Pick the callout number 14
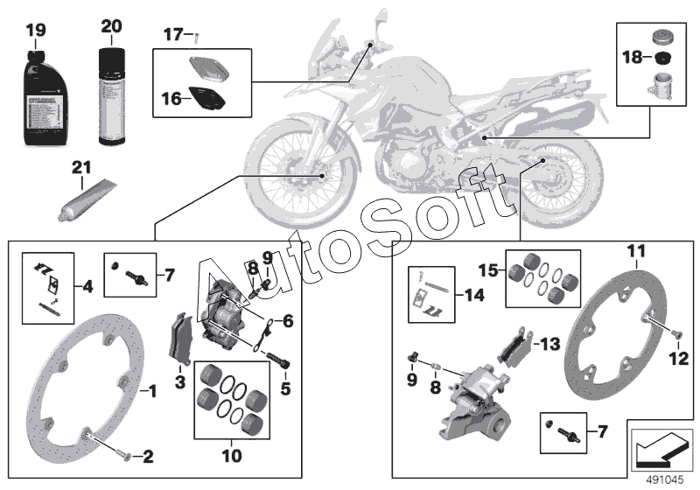click(473, 295)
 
